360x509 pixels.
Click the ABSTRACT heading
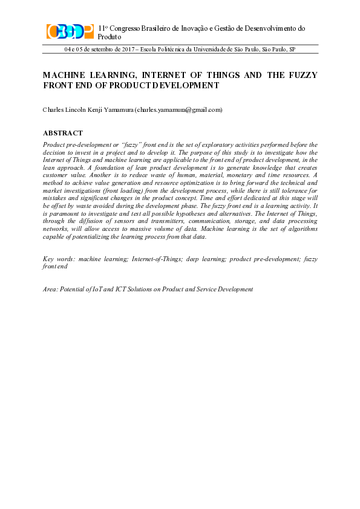pos(63,133)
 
